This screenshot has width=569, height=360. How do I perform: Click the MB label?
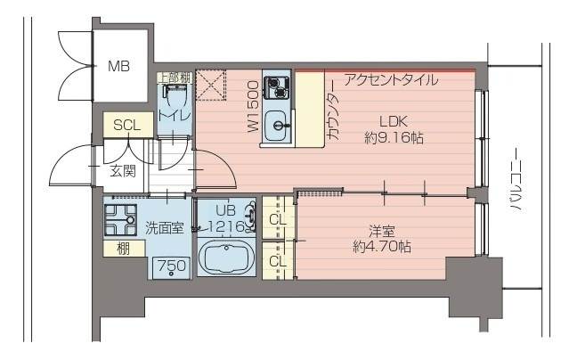point(118,66)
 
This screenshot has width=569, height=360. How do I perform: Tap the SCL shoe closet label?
point(126,126)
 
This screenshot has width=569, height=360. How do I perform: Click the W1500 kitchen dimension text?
point(253,107)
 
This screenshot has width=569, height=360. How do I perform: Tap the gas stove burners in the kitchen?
point(278,87)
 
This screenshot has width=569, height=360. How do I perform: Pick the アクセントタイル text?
point(390,80)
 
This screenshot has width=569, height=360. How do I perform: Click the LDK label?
point(393,121)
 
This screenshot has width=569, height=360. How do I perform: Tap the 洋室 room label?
point(381,228)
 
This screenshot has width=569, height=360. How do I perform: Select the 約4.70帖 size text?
point(381,247)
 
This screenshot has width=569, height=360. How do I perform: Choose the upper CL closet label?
point(277,217)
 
